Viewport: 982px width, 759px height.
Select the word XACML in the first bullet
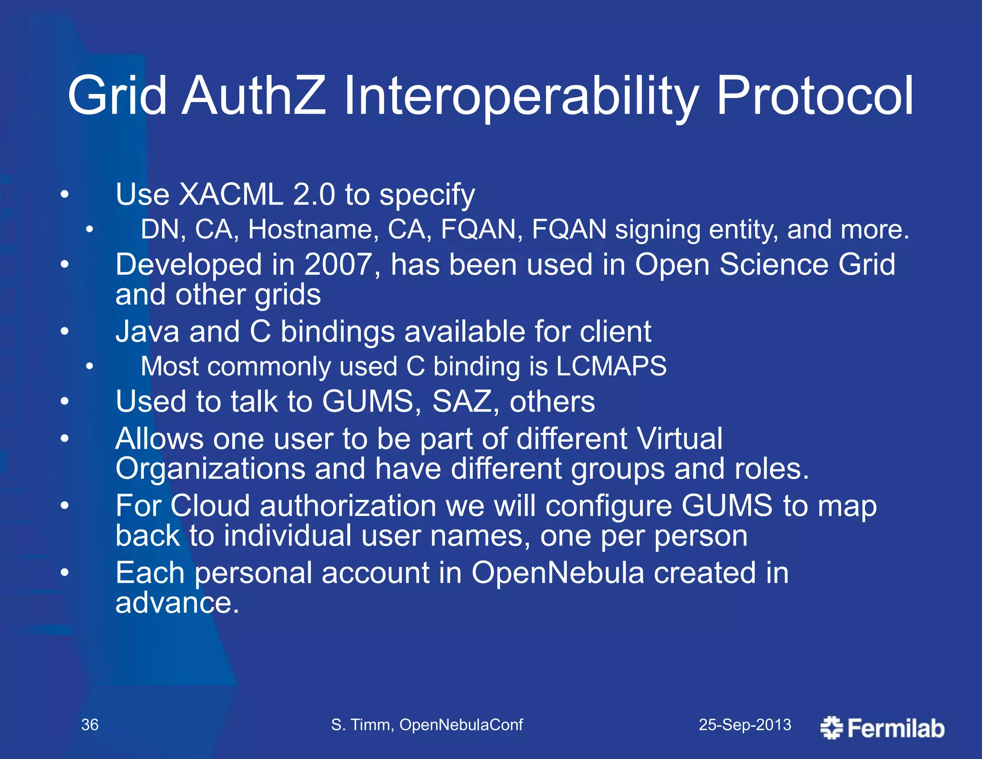(x=231, y=195)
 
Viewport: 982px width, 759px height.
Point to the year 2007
(x=338, y=264)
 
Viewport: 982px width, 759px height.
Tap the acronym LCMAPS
(x=611, y=367)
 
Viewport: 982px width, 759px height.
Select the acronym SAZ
(x=462, y=401)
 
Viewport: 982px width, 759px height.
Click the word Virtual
(x=679, y=439)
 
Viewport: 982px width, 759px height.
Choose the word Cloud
(x=210, y=506)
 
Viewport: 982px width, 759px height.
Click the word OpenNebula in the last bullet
(x=558, y=573)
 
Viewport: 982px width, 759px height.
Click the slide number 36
(x=90, y=724)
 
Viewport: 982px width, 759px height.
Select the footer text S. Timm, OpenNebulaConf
(x=427, y=724)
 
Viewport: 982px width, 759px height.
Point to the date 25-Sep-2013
(x=745, y=724)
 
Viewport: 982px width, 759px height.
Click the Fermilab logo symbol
(x=831, y=728)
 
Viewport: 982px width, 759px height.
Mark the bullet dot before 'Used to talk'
(x=65, y=402)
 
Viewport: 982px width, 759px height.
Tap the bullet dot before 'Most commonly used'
(x=90, y=367)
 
